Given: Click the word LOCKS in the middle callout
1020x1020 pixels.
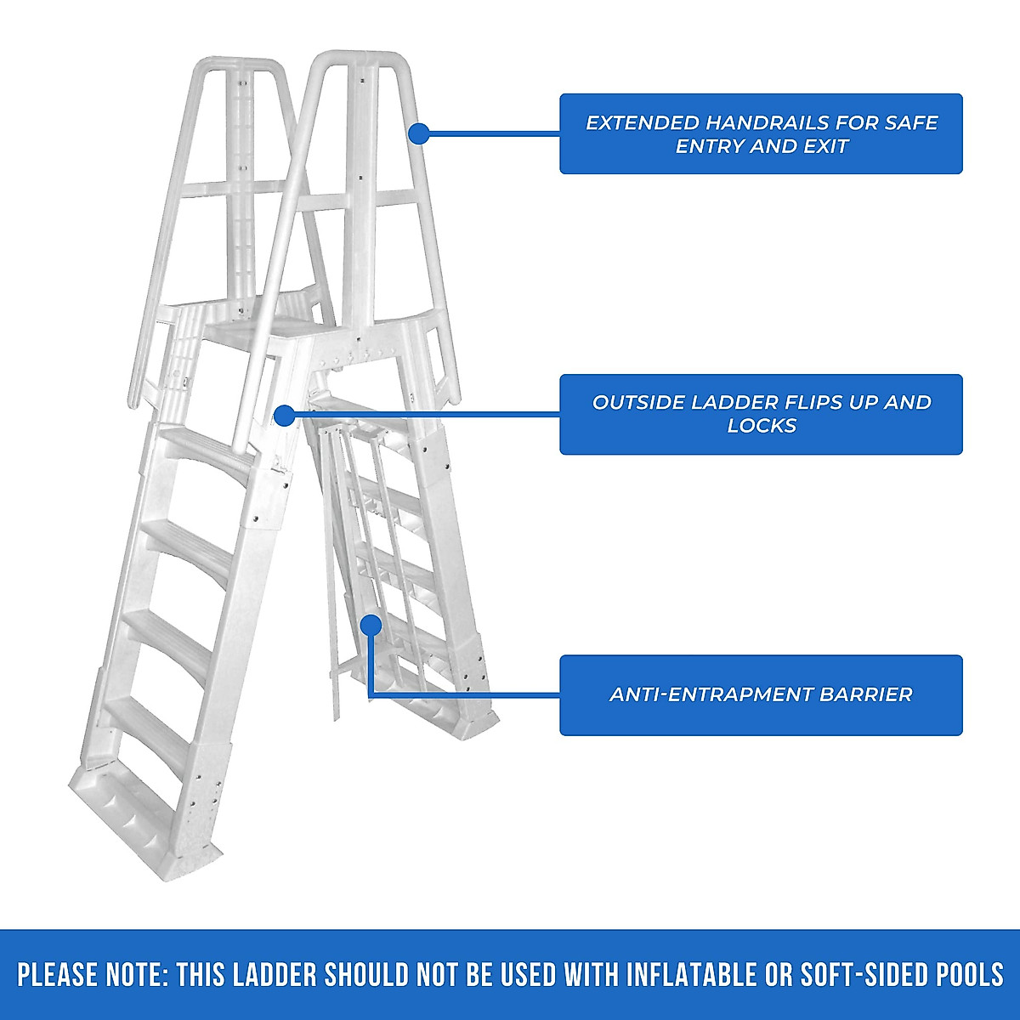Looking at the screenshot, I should click(761, 426).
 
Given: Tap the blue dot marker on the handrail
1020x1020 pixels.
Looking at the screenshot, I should click(418, 133).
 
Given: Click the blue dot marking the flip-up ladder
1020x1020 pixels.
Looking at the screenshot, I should click(284, 415).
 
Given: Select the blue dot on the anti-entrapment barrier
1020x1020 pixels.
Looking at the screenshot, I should click(370, 625).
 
